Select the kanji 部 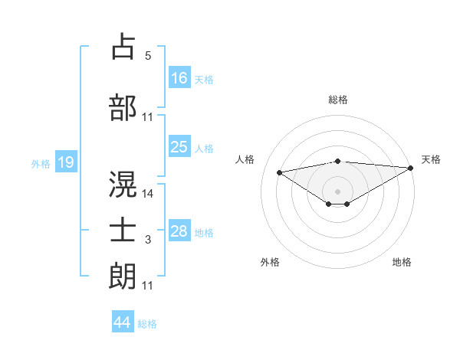tap(123, 107)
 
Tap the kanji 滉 tap(123, 185)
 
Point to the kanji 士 tap(123, 230)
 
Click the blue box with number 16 tap(179, 78)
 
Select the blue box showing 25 tap(179, 148)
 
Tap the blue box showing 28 tap(179, 231)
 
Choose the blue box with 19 tap(65, 162)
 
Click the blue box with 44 tap(122, 322)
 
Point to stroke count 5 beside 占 tap(148, 55)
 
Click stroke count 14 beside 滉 tap(148, 194)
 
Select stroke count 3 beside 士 tap(148, 241)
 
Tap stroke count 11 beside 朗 tap(148, 286)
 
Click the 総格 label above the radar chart tap(337, 100)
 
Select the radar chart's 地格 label tap(402, 262)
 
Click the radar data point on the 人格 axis tap(279, 172)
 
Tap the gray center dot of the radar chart tap(337, 191)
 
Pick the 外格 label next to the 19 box tap(40, 163)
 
